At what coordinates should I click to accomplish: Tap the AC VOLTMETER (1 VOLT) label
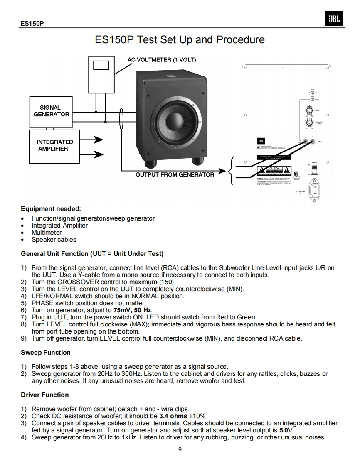tap(161, 59)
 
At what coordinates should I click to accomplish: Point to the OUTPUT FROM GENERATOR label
tap(175, 174)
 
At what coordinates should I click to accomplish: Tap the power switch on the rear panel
tap(315, 169)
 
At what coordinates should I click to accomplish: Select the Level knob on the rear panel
tap(308, 110)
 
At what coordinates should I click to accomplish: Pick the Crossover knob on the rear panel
tap(308, 123)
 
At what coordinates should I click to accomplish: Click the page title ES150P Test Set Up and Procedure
tap(180, 40)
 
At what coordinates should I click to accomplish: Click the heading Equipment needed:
tap(51, 208)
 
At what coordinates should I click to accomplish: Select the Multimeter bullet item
tap(47, 233)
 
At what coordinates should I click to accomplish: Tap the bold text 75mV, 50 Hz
tap(133, 310)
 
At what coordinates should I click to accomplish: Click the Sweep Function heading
tap(46, 353)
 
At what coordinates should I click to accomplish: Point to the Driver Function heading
tap(45, 395)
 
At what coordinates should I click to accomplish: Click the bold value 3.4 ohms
tap(173, 416)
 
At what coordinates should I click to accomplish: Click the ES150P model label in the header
tap(32, 24)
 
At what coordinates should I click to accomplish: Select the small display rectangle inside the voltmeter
tap(101, 65)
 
